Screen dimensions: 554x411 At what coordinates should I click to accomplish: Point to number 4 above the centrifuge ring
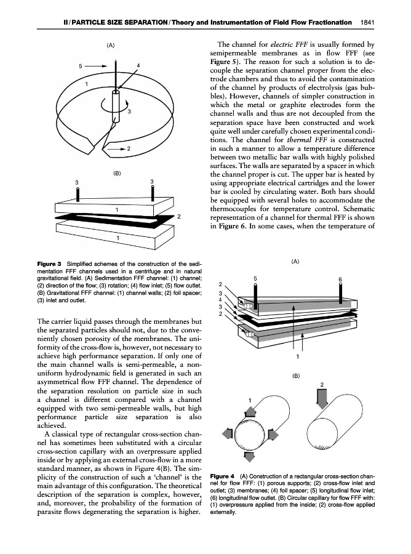coord(139,65)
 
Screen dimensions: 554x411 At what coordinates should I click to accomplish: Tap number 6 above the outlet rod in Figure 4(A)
coord(340,279)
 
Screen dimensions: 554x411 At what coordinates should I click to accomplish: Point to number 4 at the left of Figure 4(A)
coord(221,300)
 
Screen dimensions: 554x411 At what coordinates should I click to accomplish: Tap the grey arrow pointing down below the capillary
coord(250,456)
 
